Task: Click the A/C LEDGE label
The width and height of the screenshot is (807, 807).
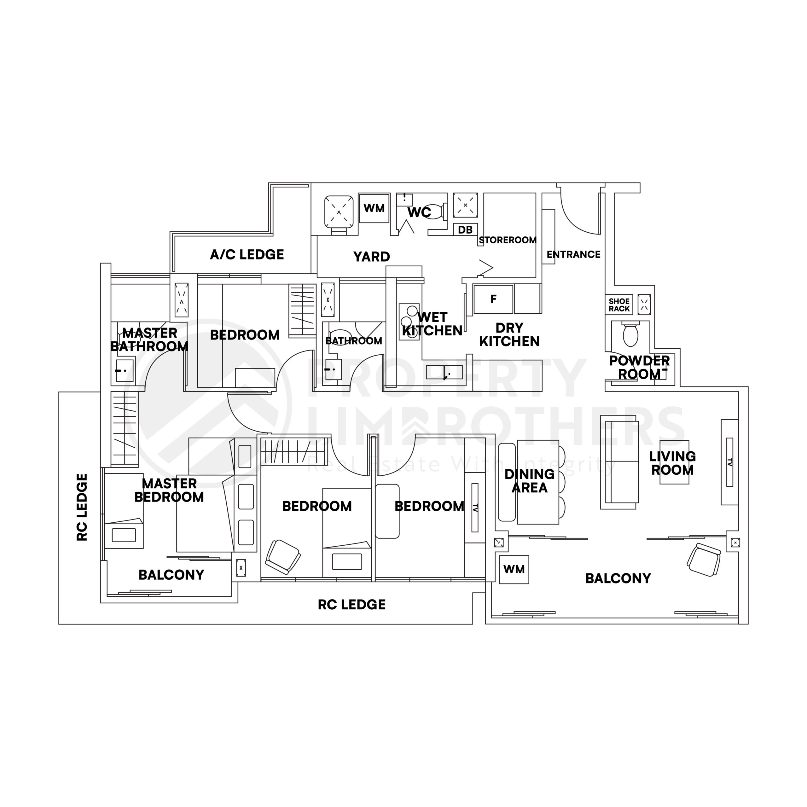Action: (247, 254)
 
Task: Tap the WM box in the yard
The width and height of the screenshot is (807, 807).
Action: (374, 208)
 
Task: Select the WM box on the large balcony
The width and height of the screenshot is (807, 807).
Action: (514, 569)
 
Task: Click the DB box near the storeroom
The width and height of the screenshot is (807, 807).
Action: (465, 230)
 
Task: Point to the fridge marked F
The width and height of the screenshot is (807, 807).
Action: (493, 299)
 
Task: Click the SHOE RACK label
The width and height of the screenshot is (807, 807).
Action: (619, 305)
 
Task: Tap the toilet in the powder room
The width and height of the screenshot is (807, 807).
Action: (630, 334)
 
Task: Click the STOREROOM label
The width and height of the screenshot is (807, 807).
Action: (508, 240)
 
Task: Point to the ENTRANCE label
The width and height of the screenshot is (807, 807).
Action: (573, 254)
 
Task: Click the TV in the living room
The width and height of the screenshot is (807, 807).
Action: (730, 462)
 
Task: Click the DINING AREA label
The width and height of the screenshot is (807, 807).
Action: (529, 481)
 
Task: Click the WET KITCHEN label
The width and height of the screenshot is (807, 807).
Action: (432, 324)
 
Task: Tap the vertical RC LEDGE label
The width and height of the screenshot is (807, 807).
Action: (82, 507)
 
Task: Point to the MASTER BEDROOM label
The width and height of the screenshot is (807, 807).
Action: (169, 490)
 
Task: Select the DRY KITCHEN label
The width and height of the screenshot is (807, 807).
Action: (509, 334)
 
